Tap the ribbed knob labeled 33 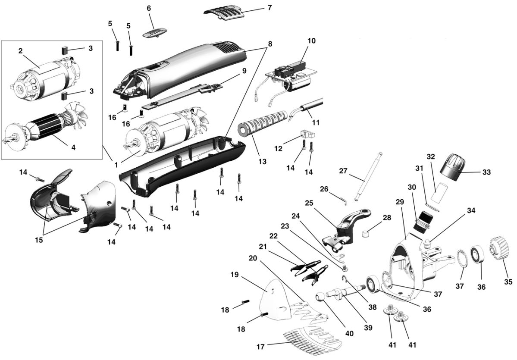coord(452,166)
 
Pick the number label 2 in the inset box coord(20,51)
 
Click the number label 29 coord(399,202)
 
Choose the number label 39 coord(367,327)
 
